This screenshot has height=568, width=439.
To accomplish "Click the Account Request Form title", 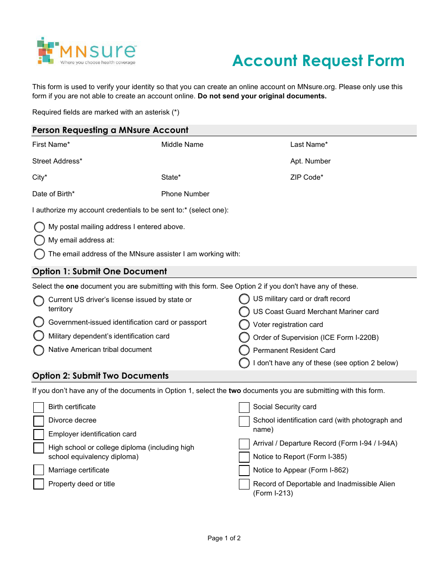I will pos(318,60).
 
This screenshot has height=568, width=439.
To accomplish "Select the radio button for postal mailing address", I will pos(40,227).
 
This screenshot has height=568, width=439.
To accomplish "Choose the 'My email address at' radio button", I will pos(40,241).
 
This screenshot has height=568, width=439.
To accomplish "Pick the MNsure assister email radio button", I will pos(40,254).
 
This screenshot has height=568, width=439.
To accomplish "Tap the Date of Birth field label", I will pos(53,194).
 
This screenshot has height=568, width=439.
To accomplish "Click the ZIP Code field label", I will pos(306,177).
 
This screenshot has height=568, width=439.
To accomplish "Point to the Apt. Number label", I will pos(310,161).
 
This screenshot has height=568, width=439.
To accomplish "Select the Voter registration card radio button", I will pos(244,325).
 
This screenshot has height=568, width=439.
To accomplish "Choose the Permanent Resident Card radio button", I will pos(244,350).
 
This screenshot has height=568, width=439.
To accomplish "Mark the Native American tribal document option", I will pos(39,350).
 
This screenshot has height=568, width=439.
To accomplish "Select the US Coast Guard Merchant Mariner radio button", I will pos(244,312).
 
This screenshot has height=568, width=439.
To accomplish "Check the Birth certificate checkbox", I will pos(39,407).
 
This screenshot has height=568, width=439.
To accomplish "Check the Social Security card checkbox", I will pos(244,407).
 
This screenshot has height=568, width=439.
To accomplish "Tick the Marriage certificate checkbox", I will pos(39,470).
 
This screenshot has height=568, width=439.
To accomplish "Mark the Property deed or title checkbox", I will pos(39,484).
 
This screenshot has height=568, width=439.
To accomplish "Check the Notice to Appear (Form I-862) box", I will pos(244,471).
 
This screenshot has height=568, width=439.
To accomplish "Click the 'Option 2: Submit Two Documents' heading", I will pos(100,376).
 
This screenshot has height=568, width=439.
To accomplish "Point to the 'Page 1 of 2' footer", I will pos(224,538).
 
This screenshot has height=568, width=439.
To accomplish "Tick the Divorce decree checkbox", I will pos(39,421).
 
